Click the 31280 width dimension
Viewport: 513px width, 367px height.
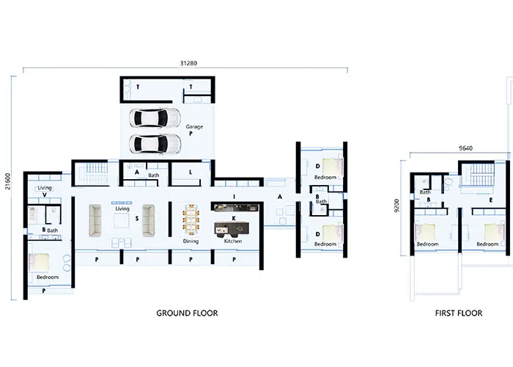(188, 63)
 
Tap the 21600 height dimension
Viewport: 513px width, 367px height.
(8, 181)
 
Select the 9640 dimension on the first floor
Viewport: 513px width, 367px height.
(465, 148)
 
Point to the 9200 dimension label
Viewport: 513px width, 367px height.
(397, 206)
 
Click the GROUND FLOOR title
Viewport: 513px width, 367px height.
(187, 313)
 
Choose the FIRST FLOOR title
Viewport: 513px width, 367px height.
(459, 313)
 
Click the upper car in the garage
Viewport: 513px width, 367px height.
(155, 118)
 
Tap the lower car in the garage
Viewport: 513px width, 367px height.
(155, 144)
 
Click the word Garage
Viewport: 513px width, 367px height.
(194, 126)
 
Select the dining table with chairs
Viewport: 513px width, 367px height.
(191, 219)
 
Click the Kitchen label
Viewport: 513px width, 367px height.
(233, 241)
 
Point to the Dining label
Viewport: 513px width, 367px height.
(191, 241)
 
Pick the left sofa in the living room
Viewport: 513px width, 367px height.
(95, 220)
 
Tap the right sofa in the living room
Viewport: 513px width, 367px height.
(149, 220)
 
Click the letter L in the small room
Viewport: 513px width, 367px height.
(191, 172)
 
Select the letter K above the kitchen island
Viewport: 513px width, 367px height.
(234, 218)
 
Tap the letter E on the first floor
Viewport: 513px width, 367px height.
(491, 200)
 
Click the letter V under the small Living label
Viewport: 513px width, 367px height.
(45, 195)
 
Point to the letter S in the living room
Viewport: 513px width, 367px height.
(137, 219)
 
